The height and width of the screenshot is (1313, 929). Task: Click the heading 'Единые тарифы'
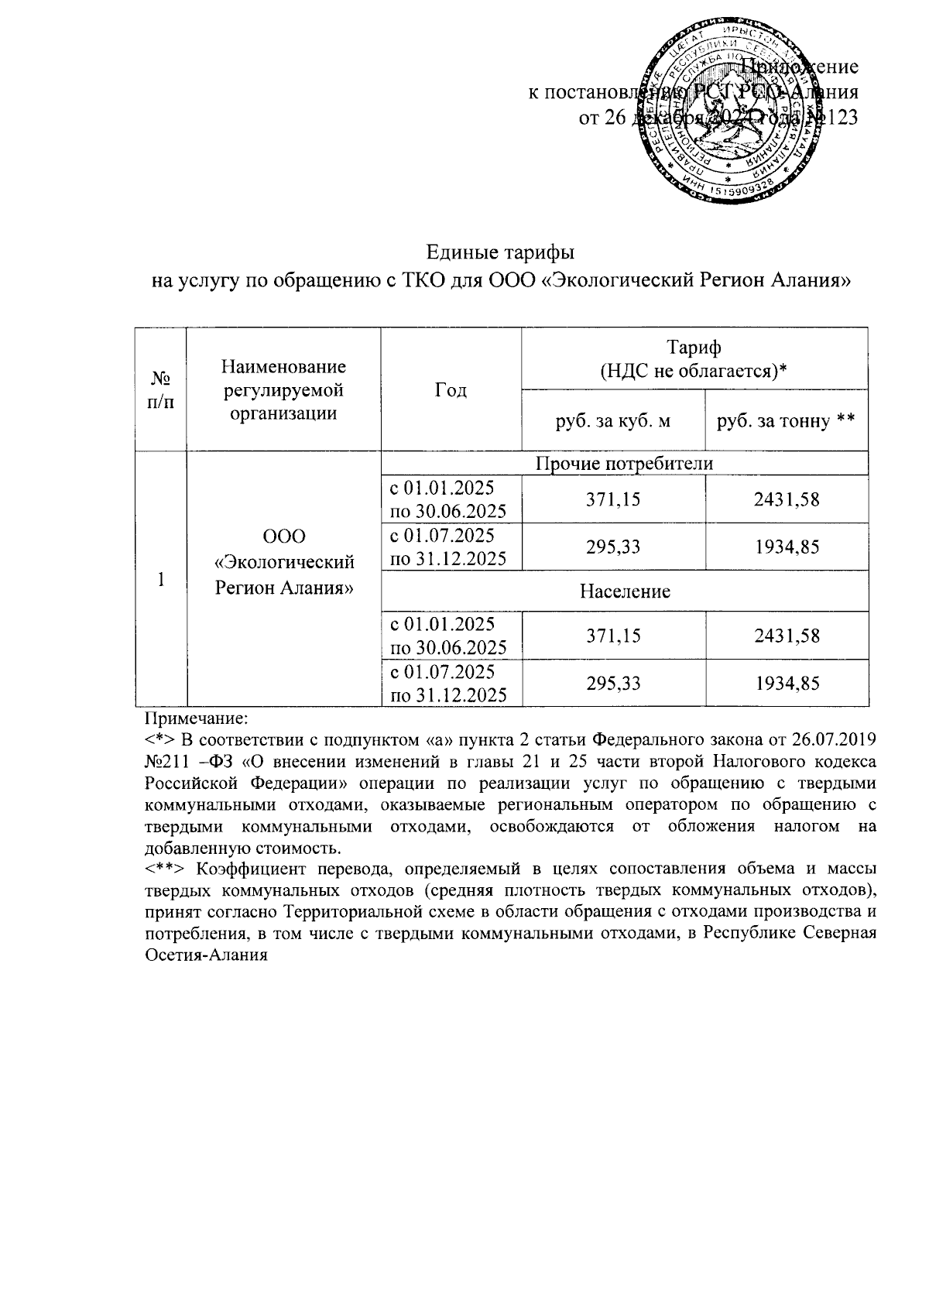(501, 253)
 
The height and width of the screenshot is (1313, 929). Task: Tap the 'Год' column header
(451, 389)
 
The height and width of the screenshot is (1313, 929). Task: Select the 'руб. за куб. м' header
(613, 420)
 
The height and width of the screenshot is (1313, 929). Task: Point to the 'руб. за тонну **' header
(786, 420)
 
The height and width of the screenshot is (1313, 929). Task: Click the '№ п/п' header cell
(161, 389)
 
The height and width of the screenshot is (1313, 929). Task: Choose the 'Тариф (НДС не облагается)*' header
(694, 358)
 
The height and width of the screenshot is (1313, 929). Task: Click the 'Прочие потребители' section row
(624, 463)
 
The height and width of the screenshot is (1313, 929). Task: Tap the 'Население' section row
(624, 592)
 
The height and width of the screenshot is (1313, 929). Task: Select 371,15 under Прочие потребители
(613, 500)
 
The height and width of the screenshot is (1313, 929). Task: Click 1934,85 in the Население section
(787, 684)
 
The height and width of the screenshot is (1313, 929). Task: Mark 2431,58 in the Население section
(787, 636)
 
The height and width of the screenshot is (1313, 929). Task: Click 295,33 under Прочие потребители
(613, 547)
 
